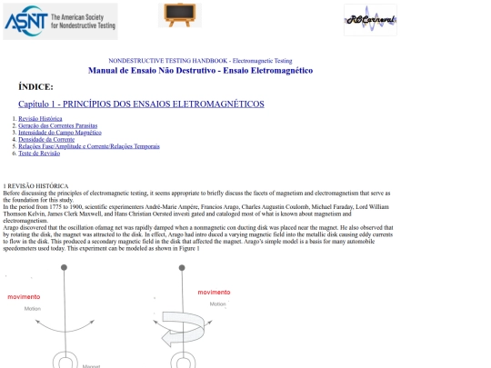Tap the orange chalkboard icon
point(180,15)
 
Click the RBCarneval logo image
point(370,19)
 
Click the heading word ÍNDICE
point(35,86)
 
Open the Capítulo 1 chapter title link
point(141,104)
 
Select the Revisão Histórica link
point(41,119)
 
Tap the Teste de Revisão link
point(40,153)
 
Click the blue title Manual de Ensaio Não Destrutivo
point(200,70)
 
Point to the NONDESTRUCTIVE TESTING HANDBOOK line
point(200,60)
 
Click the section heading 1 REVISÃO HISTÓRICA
point(35,186)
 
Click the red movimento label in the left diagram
point(24,297)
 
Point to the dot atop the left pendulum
point(63,266)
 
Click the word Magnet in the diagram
point(91,365)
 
